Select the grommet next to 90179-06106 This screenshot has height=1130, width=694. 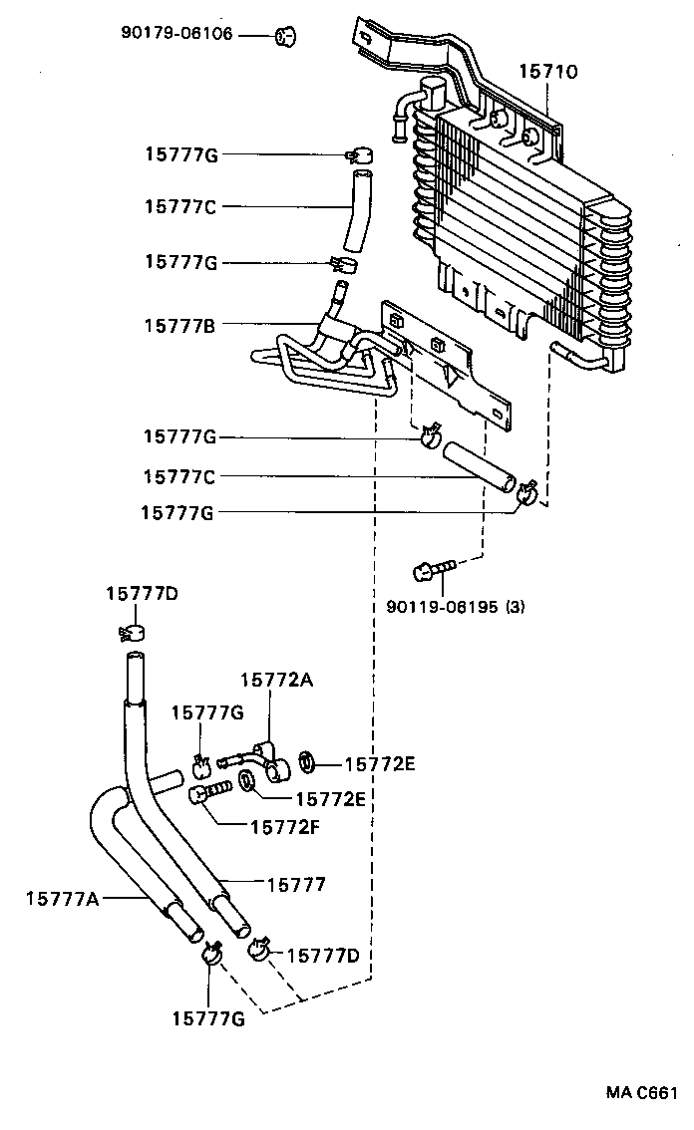(x=287, y=38)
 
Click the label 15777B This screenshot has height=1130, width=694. (x=180, y=324)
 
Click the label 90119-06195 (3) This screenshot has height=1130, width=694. (x=455, y=606)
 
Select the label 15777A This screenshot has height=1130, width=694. (x=62, y=898)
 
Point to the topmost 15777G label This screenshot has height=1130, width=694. (x=180, y=154)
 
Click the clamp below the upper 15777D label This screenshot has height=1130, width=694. (x=131, y=632)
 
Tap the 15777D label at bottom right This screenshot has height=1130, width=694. (x=323, y=955)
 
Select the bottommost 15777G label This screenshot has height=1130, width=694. (x=207, y=1017)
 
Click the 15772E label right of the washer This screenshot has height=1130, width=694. (x=380, y=764)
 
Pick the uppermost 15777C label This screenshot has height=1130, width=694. (x=180, y=206)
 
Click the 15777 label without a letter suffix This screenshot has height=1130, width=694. (x=297, y=883)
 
